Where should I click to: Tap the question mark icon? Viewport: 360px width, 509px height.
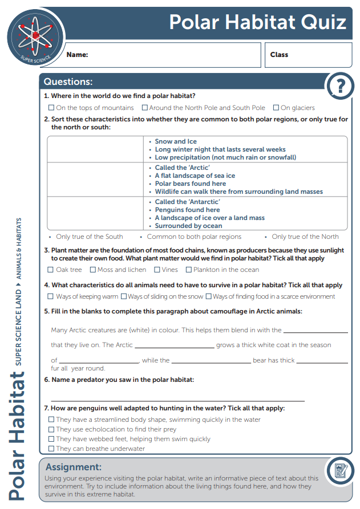pyautogui.click(x=341, y=87)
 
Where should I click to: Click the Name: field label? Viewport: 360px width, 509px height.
pyautogui.click(x=77, y=55)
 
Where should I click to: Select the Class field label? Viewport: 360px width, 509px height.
pyautogui.click(x=279, y=55)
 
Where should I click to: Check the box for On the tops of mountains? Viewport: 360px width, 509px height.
pyautogui.click(x=51, y=108)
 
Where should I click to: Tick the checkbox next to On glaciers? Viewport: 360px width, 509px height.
pyautogui.click(x=276, y=108)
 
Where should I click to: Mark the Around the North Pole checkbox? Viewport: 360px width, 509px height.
pyautogui.click(x=145, y=108)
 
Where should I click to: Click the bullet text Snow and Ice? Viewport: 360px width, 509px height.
pyautogui.click(x=176, y=141)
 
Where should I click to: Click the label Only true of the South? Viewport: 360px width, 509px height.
pyautogui.click(x=90, y=237)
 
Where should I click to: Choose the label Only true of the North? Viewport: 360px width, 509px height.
pyautogui.click(x=305, y=237)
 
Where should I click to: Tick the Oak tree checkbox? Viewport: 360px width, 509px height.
pyautogui.click(x=51, y=270)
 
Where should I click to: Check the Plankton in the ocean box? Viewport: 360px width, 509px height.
pyautogui.click(x=189, y=270)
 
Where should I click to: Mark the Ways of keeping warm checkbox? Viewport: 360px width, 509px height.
pyautogui.click(x=51, y=296)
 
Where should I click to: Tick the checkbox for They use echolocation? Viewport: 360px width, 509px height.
pyautogui.click(x=51, y=429)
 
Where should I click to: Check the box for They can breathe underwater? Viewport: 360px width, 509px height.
pyautogui.click(x=51, y=449)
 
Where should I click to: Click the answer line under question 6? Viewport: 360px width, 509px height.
pyautogui.click(x=177, y=400)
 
